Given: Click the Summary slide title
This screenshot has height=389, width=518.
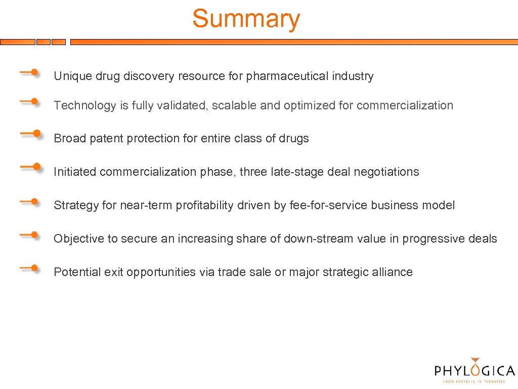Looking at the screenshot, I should (x=246, y=19).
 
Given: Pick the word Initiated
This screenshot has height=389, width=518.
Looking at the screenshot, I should (x=75, y=172).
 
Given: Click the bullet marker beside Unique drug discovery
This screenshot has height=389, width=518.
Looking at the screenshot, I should (x=30, y=73).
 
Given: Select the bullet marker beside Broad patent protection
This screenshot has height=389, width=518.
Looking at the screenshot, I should (x=31, y=134).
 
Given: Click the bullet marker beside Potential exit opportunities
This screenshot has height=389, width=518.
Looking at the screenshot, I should (x=30, y=268).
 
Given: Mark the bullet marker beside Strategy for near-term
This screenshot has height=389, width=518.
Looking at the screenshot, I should (x=30, y=202).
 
